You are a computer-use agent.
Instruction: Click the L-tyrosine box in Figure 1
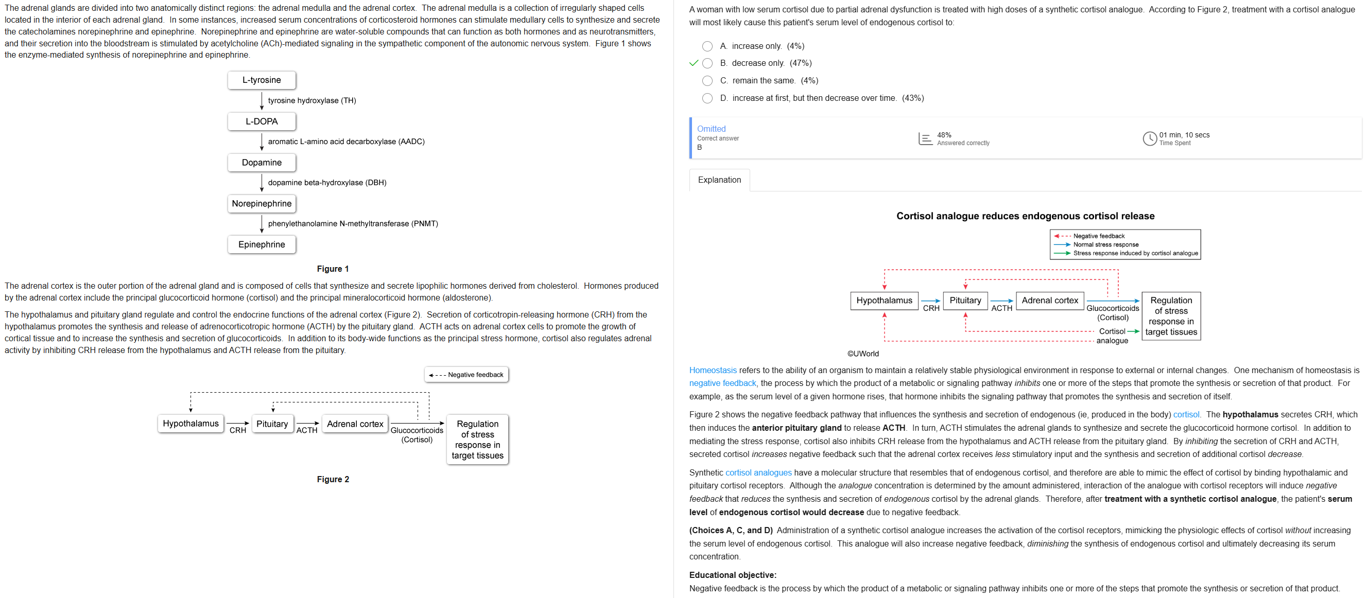coord(262,80)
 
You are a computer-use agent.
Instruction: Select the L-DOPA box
coord(262,121)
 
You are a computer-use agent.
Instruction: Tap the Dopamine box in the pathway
coord(262,163)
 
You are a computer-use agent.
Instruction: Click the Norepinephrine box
coord(262,204)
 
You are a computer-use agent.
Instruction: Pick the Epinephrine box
coord(262,244)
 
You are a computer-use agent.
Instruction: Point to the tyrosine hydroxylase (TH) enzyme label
coord(312,100)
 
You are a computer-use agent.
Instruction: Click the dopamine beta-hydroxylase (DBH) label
coord(327,183)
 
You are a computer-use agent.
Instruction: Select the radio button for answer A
coord(707,46)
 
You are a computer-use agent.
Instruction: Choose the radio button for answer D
coord(707,98)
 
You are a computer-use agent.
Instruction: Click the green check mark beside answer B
coord(693,63)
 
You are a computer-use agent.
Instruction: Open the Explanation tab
coord(719,180)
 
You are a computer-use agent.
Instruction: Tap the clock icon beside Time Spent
coord(1149,138)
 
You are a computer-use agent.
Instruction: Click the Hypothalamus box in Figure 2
coord(191,424)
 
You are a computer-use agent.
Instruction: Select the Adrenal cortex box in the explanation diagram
coord(1050,301)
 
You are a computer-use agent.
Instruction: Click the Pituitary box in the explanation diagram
coord(965,301)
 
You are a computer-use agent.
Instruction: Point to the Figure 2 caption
coord(333,479)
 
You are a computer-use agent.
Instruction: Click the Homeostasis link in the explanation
coord(713,371)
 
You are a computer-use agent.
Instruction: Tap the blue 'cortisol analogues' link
coord(758,473)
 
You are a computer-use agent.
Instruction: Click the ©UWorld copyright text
coord(863,354)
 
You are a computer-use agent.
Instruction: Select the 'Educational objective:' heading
coord(732,575)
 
